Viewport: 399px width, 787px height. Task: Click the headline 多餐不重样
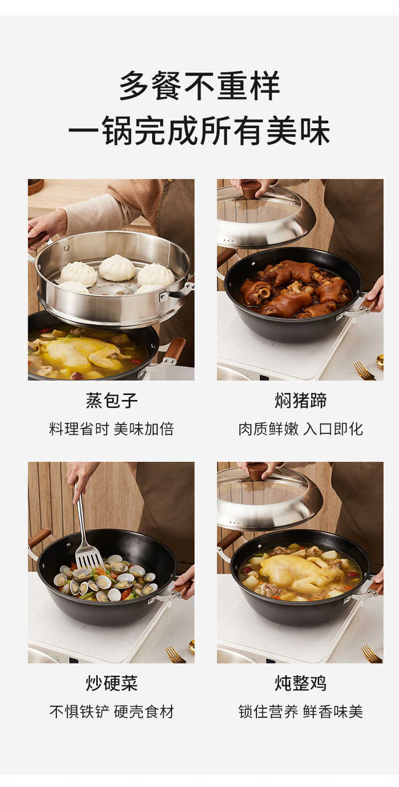[x=199, y=85]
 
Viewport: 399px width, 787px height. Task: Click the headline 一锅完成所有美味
[x=199, y=131]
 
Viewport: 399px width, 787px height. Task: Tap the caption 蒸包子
[x=112, y=400]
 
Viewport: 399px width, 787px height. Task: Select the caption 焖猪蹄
[x=301, y=400]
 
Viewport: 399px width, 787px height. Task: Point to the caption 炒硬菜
[x=112, y=683]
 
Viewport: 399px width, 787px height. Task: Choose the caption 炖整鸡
[x=301, y=683]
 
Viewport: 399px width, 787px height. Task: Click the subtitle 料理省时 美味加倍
[x=112, y=429]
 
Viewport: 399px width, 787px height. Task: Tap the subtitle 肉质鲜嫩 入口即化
[x=301, y=429]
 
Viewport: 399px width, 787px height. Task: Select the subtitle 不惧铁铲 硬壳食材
[x=112, y=712]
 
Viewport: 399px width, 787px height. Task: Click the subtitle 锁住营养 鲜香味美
[x=301, y=712]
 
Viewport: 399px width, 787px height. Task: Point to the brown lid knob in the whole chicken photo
[x=257, y=471]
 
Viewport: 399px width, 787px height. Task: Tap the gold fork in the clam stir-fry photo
[x=175, y=655]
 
